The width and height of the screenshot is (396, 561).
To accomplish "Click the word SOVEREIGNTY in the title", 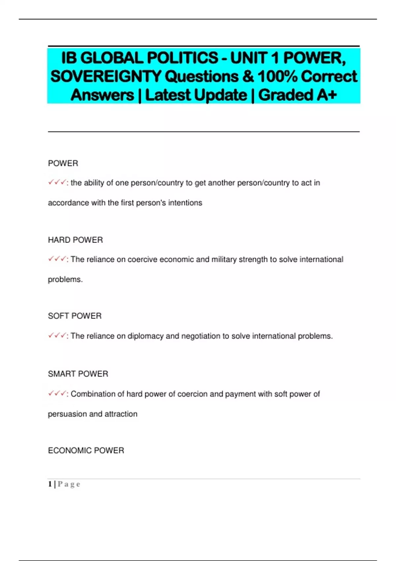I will [x=106, y=77].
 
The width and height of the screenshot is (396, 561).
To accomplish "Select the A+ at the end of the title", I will [x=326, y=95].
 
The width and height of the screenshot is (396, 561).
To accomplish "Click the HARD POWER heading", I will [x=75, y=240].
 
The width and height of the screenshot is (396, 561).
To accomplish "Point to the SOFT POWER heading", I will [x=75, y=316].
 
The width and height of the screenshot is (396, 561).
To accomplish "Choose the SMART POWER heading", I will [x=78, y=374].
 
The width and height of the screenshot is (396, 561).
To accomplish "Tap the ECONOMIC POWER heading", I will [x=86, y=450].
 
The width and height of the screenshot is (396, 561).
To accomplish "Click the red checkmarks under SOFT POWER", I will [x=57, y=336].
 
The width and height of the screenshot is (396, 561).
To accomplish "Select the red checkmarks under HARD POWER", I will [x=57, y=259].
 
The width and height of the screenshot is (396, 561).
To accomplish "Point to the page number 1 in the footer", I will [x=50, y=484].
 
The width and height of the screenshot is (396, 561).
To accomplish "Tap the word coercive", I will [x=143, y=260].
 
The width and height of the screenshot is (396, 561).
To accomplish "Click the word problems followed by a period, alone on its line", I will [x=65, y=280].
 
